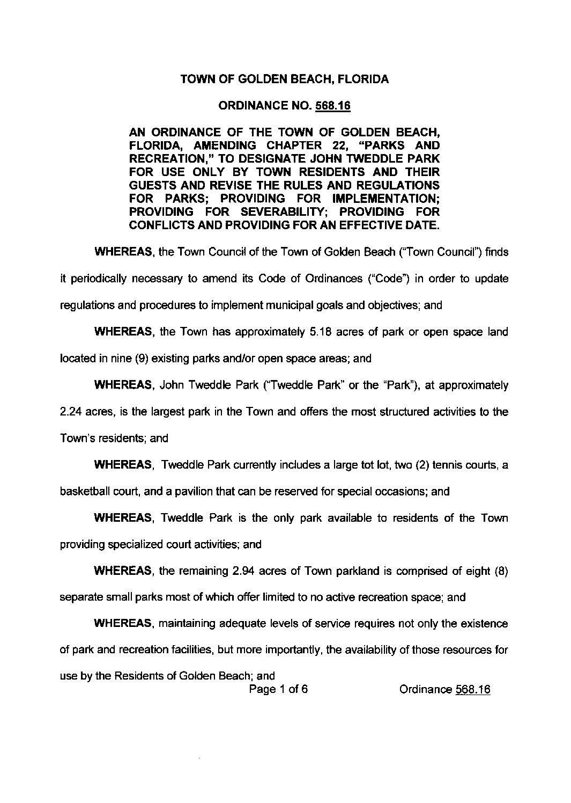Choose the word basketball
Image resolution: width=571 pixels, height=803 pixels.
click(83, 491)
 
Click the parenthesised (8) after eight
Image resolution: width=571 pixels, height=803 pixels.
click(499, 571)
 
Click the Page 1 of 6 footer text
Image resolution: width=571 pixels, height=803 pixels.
click(278, 690)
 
